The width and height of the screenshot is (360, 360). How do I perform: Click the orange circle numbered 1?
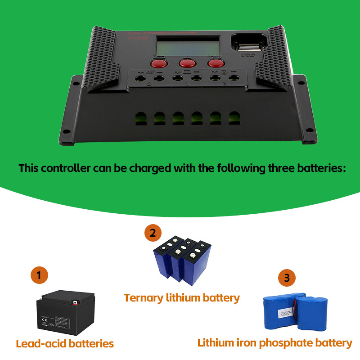pos(39,275)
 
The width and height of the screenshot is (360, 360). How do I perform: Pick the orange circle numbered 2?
pos(153,233)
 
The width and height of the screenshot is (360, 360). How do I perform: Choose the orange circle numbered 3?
pos(287,278)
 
